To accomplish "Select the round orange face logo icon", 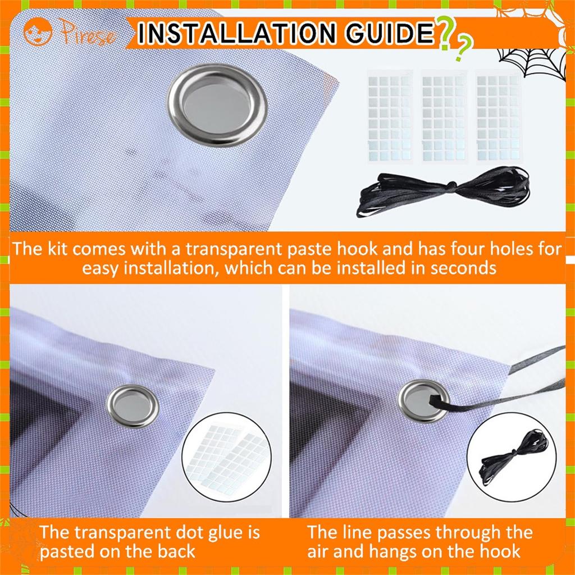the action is (38, 32).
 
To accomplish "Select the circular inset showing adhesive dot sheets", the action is (227, 457).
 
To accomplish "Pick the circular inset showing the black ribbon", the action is (512, 457).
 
